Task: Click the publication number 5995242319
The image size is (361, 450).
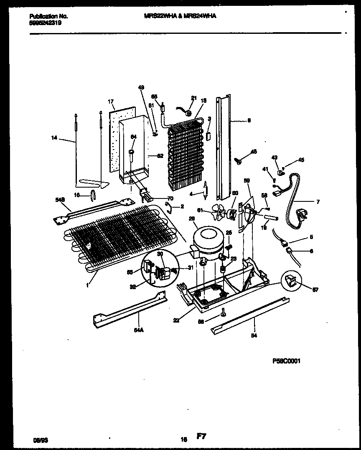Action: coord(46,23)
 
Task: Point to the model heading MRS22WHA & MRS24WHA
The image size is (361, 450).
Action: coord(180,16)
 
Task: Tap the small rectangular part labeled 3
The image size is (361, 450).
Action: coord(208,136)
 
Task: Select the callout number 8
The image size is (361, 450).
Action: coord(249,121)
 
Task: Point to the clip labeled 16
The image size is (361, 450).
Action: coord(93,194)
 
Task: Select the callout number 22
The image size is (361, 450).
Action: coord(176,320)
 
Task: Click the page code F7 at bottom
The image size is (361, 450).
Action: coord(201,437)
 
